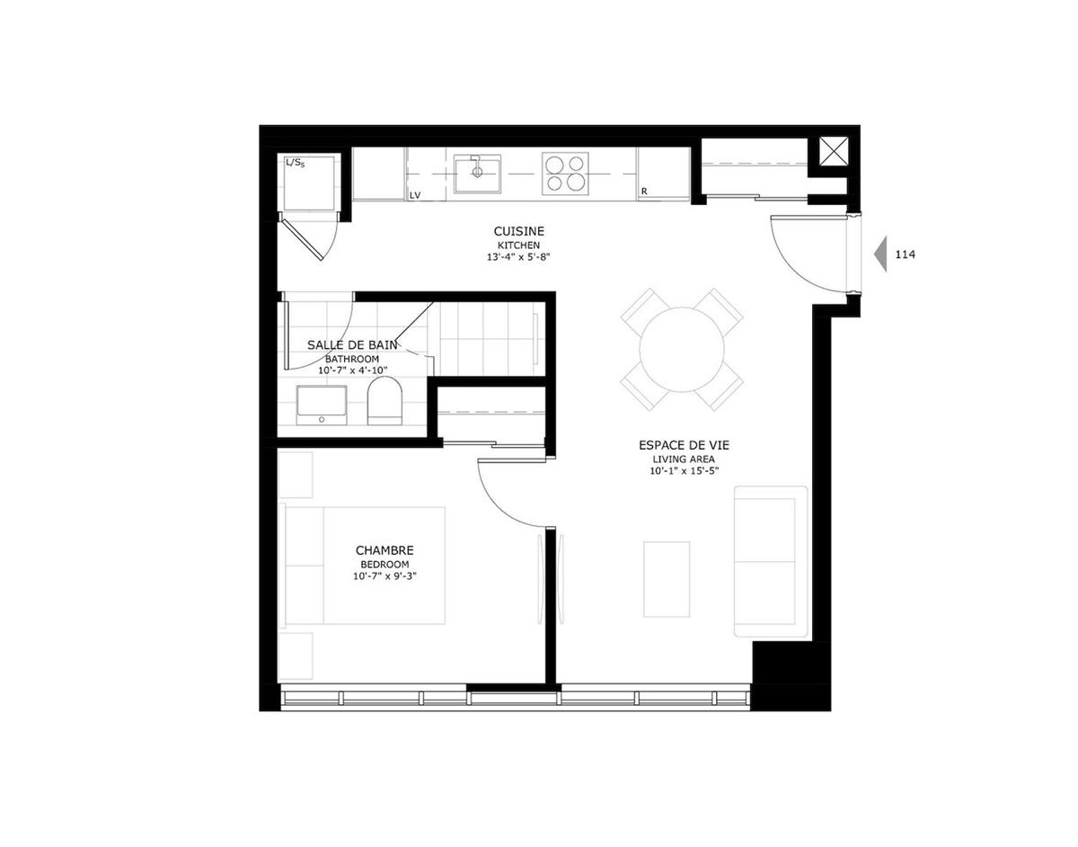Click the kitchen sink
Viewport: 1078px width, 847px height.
(477, 173)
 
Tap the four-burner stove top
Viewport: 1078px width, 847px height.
(564, 174)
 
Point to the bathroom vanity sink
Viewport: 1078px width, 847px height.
(322, 404)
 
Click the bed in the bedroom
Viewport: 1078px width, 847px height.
(364, 566)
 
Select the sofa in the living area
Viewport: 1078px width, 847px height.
(770, 562)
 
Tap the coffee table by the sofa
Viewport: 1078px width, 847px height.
(667, 578)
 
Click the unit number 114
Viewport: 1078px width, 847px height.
(905, 254)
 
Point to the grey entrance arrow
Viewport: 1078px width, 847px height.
(880, 254)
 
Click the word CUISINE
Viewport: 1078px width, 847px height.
(518, 231)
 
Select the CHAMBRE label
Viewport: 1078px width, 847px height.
(384, 550)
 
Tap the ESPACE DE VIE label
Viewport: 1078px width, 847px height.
(684, 445)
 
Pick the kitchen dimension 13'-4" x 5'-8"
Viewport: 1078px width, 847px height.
(518, 257)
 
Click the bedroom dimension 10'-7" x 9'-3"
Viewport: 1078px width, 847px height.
(384, 577)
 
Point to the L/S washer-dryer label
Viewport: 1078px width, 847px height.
(295, 163)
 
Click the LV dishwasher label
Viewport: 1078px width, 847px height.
(415, 194)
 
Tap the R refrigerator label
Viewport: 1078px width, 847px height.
(644, 192)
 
